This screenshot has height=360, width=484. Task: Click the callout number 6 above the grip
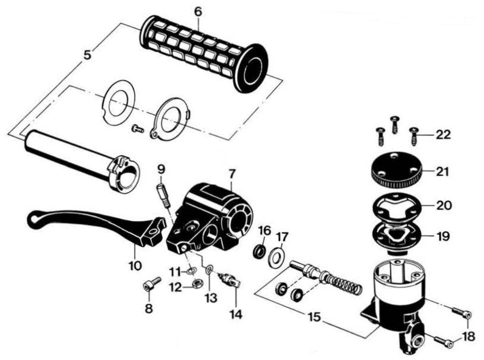pyautogui.click(x=198, y=12)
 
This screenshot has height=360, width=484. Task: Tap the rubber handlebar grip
pyautogui.click(x=204, y=52)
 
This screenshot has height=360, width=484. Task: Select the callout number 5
pyautogui.click(x=88, y=55)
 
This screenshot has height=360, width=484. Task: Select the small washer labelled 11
pyautogui.click(x=191, y=272)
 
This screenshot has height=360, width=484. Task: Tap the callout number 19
pyautogui.click(x=443, y=237)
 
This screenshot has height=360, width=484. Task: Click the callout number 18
pyautogui.click(x=469, y=336)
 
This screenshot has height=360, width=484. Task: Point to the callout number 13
pyautogui.click(x=211, y=298)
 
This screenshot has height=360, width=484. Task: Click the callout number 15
pyautogui.click(x=314, y=317)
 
